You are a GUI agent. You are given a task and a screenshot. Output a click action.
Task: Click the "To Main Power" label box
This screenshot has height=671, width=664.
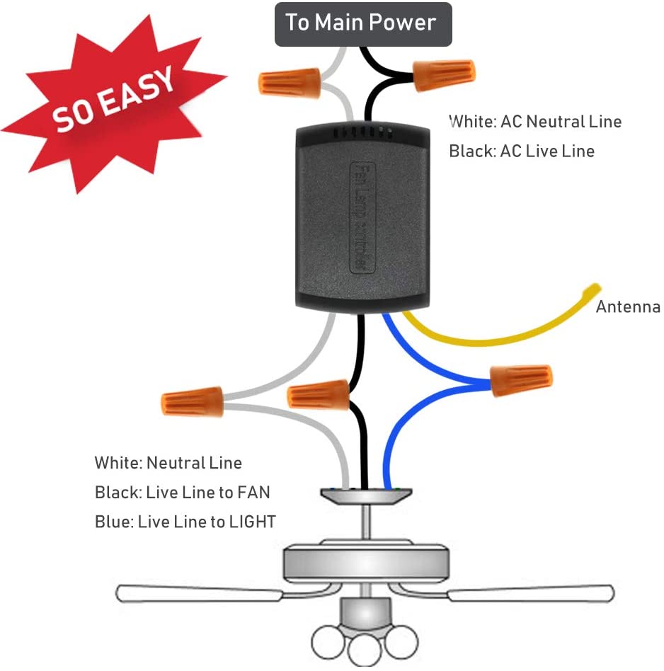[362, 23]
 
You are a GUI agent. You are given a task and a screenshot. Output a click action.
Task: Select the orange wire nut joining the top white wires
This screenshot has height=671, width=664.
[290, 84]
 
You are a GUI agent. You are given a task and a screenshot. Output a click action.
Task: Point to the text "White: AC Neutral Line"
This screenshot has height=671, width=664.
[535, 122]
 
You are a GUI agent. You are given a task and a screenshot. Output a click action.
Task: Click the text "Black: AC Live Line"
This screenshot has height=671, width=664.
[522, 151]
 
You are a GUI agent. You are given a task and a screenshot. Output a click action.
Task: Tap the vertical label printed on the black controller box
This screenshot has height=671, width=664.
[359, 216]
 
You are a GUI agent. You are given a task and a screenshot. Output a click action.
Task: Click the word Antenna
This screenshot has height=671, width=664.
[628, 307]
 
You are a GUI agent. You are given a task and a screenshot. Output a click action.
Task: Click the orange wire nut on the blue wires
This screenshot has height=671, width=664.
[521, 381]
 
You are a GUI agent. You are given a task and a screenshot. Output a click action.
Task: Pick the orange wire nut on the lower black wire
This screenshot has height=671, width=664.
[319, 394]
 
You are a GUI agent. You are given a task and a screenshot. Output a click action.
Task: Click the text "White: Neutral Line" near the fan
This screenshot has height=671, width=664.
[168, 464]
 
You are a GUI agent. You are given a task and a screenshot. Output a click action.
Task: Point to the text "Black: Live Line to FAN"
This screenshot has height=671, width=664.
[183, 493]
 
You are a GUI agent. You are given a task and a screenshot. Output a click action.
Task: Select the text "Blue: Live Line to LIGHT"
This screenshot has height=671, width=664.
[185, 522]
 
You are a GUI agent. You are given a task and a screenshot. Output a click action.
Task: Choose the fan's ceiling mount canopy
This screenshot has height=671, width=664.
[362, 497]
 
